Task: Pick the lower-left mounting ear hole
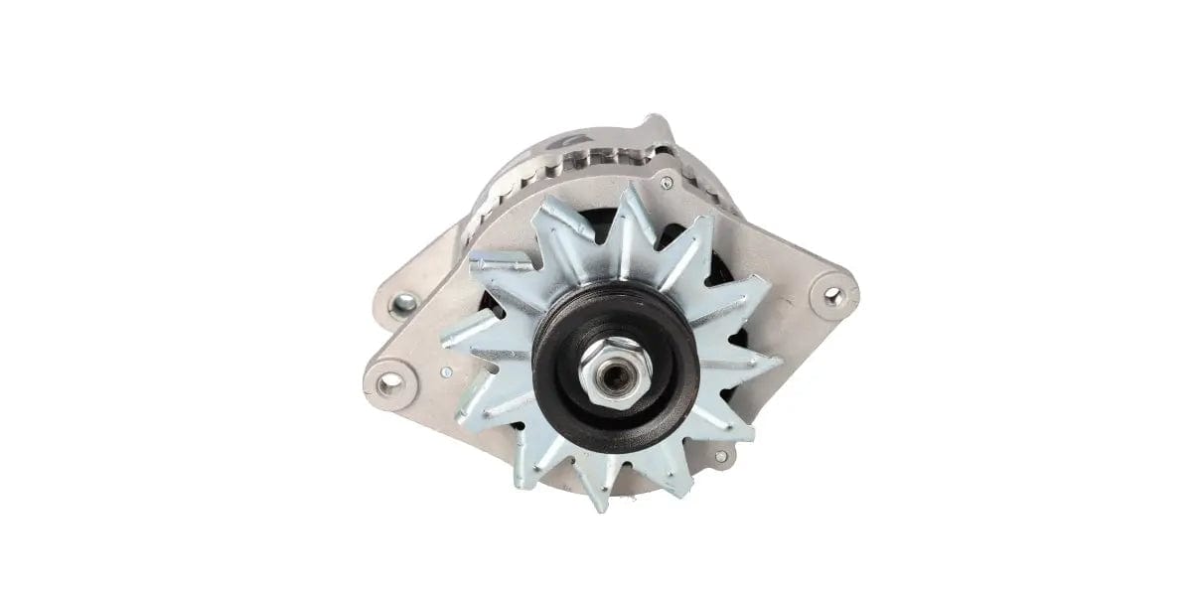tap(386, 378)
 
